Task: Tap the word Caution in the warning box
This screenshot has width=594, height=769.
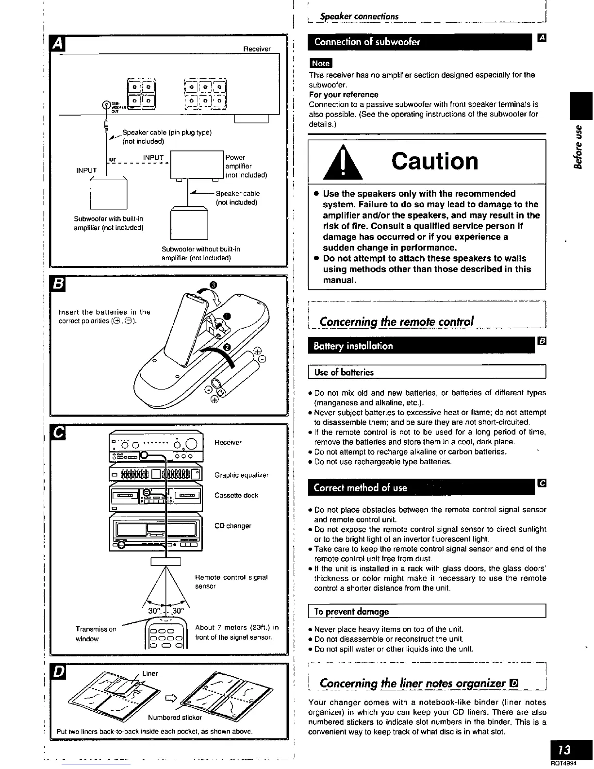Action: (435, 162)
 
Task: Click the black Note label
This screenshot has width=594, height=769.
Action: (320, 63)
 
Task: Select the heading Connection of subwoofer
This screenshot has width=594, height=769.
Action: (367, 42)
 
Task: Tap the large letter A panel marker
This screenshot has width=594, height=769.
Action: (57, 44)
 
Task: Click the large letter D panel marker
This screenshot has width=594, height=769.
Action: (57, 673)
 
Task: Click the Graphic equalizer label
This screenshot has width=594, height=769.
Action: (241, 475)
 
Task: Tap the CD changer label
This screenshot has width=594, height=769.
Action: (233, 526)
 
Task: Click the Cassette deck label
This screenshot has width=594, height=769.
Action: (236, 495)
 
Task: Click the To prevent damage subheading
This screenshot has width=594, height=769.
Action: (351, 611)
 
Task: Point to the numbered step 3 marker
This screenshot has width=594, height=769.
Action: (213, 284)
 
